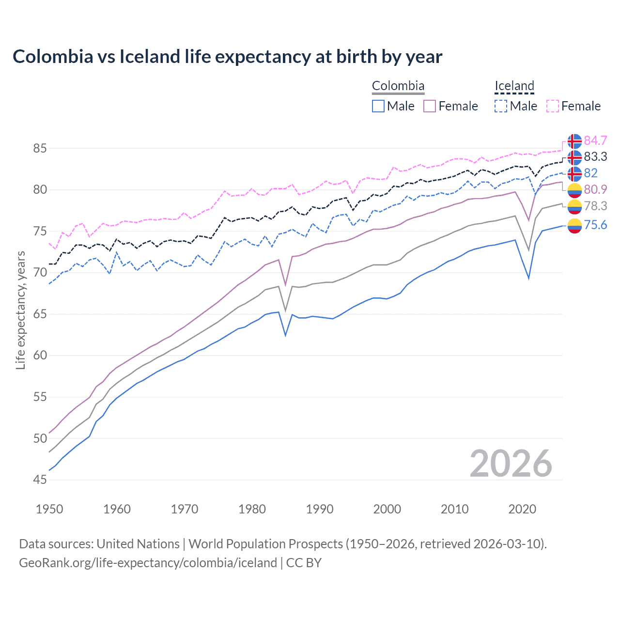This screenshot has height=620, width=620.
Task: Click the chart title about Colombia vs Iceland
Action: [227, 57]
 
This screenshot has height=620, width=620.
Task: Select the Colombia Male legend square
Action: [378, 106]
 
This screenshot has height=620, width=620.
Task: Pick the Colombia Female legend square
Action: [430, 106]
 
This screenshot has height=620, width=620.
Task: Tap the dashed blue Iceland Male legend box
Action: [501, 106]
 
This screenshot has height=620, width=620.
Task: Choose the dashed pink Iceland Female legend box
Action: [553, 106]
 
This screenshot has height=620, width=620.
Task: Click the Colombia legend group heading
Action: [398, 86]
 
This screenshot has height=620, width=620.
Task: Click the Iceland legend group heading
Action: [514, 86]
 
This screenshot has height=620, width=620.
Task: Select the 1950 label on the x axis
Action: [49, 509]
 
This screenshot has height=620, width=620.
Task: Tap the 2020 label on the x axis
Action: [522, 509]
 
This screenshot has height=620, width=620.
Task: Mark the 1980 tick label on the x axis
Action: [252, 509]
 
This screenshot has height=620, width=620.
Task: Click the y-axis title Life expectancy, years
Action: [20, 310]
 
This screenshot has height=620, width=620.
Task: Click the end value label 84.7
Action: [595, 140]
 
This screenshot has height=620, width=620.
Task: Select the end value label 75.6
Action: [595, 225]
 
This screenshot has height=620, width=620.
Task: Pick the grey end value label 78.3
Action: [595, 206]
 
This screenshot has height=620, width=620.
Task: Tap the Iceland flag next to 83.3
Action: [574, 157]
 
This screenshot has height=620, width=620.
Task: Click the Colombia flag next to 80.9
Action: [574, 190]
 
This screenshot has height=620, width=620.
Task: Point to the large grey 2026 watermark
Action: [511, 464]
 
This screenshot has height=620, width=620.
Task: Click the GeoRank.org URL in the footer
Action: [148, 562]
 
